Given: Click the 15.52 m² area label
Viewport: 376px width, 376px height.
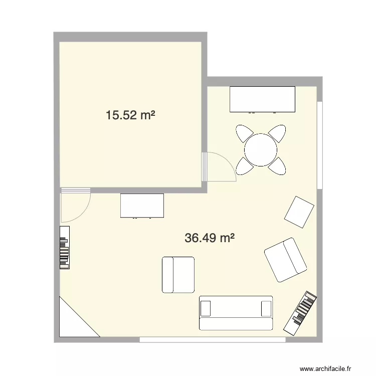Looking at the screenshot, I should (130, 115).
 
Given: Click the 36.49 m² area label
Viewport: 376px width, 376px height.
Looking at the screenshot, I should (210, 238).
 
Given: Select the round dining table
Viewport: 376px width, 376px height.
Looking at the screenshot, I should (261, 149).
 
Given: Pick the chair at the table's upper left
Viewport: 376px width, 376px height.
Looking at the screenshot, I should (245, 133).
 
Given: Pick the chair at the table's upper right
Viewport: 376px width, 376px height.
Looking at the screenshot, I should (277, 133).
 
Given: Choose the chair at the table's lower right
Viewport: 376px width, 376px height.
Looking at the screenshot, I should (277, 165).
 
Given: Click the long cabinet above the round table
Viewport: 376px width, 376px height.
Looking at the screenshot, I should (263, 99).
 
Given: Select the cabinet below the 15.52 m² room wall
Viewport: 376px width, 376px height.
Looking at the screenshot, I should (142, 206).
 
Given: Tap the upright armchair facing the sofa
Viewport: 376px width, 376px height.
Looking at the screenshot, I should (178, 274).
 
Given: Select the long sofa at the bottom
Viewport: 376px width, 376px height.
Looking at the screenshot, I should (236, 312).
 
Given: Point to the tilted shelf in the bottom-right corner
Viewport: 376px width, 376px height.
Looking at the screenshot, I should (301, 313).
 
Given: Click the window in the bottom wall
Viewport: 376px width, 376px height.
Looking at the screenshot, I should (213, 340).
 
